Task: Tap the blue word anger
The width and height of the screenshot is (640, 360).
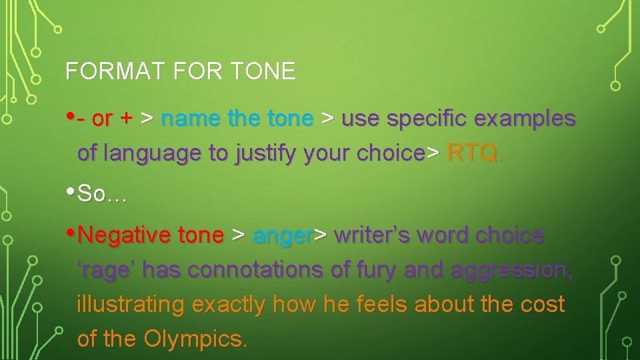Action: (x=283, y=235)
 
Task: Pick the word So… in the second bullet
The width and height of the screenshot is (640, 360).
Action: (x=101, y=194)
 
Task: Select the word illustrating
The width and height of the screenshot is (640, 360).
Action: (x=131, y=305)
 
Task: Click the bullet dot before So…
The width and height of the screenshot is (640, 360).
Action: (x=71, y=192)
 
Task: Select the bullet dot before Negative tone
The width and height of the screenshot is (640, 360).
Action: (x=71, y=233)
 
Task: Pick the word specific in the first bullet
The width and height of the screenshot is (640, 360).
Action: (x=423, y=119)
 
